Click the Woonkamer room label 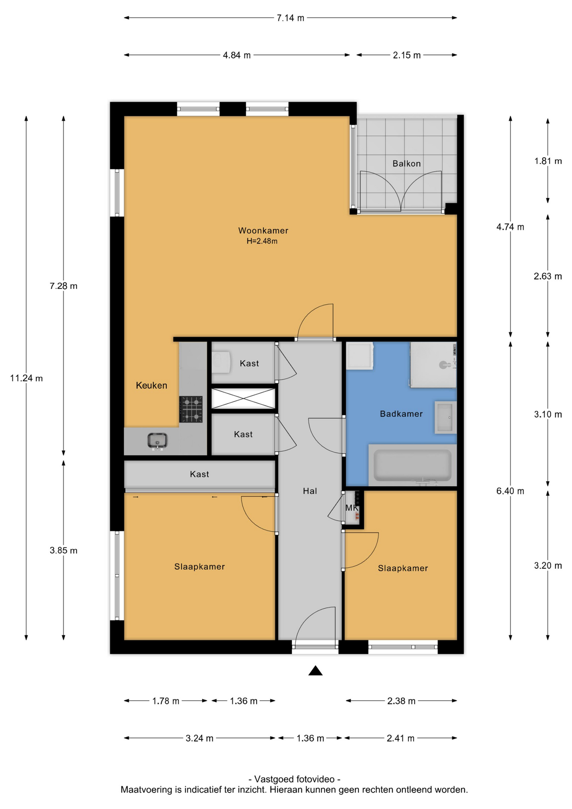[263, 230]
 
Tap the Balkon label [406, 163]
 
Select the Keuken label [151, 386]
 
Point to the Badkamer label [401, 414]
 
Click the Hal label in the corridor [310, 491]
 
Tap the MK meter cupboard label [351, 508]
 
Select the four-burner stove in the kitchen [191, 409]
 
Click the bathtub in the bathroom [412, 465]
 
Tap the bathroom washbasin [445, 417]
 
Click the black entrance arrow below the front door [315, 670]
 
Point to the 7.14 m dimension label [290, 18]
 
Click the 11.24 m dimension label [27, 378]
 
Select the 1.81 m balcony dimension [548, 161]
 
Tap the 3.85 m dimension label [64, 550]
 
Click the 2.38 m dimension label [401, 701]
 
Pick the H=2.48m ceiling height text [262, 241]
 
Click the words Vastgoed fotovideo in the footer [294, 779]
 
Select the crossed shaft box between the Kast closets [243, 399]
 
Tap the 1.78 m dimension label [166, 701]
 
